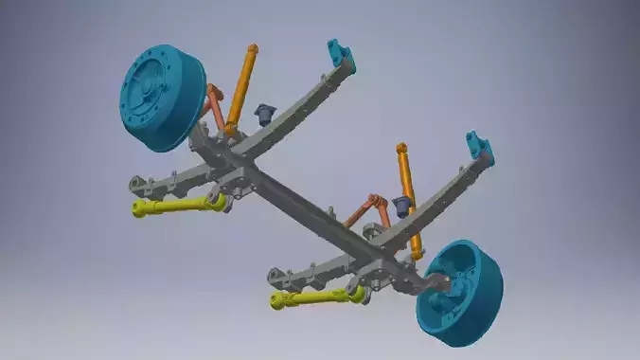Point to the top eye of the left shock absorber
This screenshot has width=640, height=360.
[x=252, y=48]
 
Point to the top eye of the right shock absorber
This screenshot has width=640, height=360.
[x=401, y=149]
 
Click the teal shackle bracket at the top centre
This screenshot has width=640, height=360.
[x=340, y=57]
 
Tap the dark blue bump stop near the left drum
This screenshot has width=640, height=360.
[x=263, y=115]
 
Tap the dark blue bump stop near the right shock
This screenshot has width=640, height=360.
[x=403, y=205]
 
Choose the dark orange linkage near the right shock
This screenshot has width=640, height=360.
[x=373, y=209]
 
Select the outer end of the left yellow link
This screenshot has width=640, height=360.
[x=139, y=208]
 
